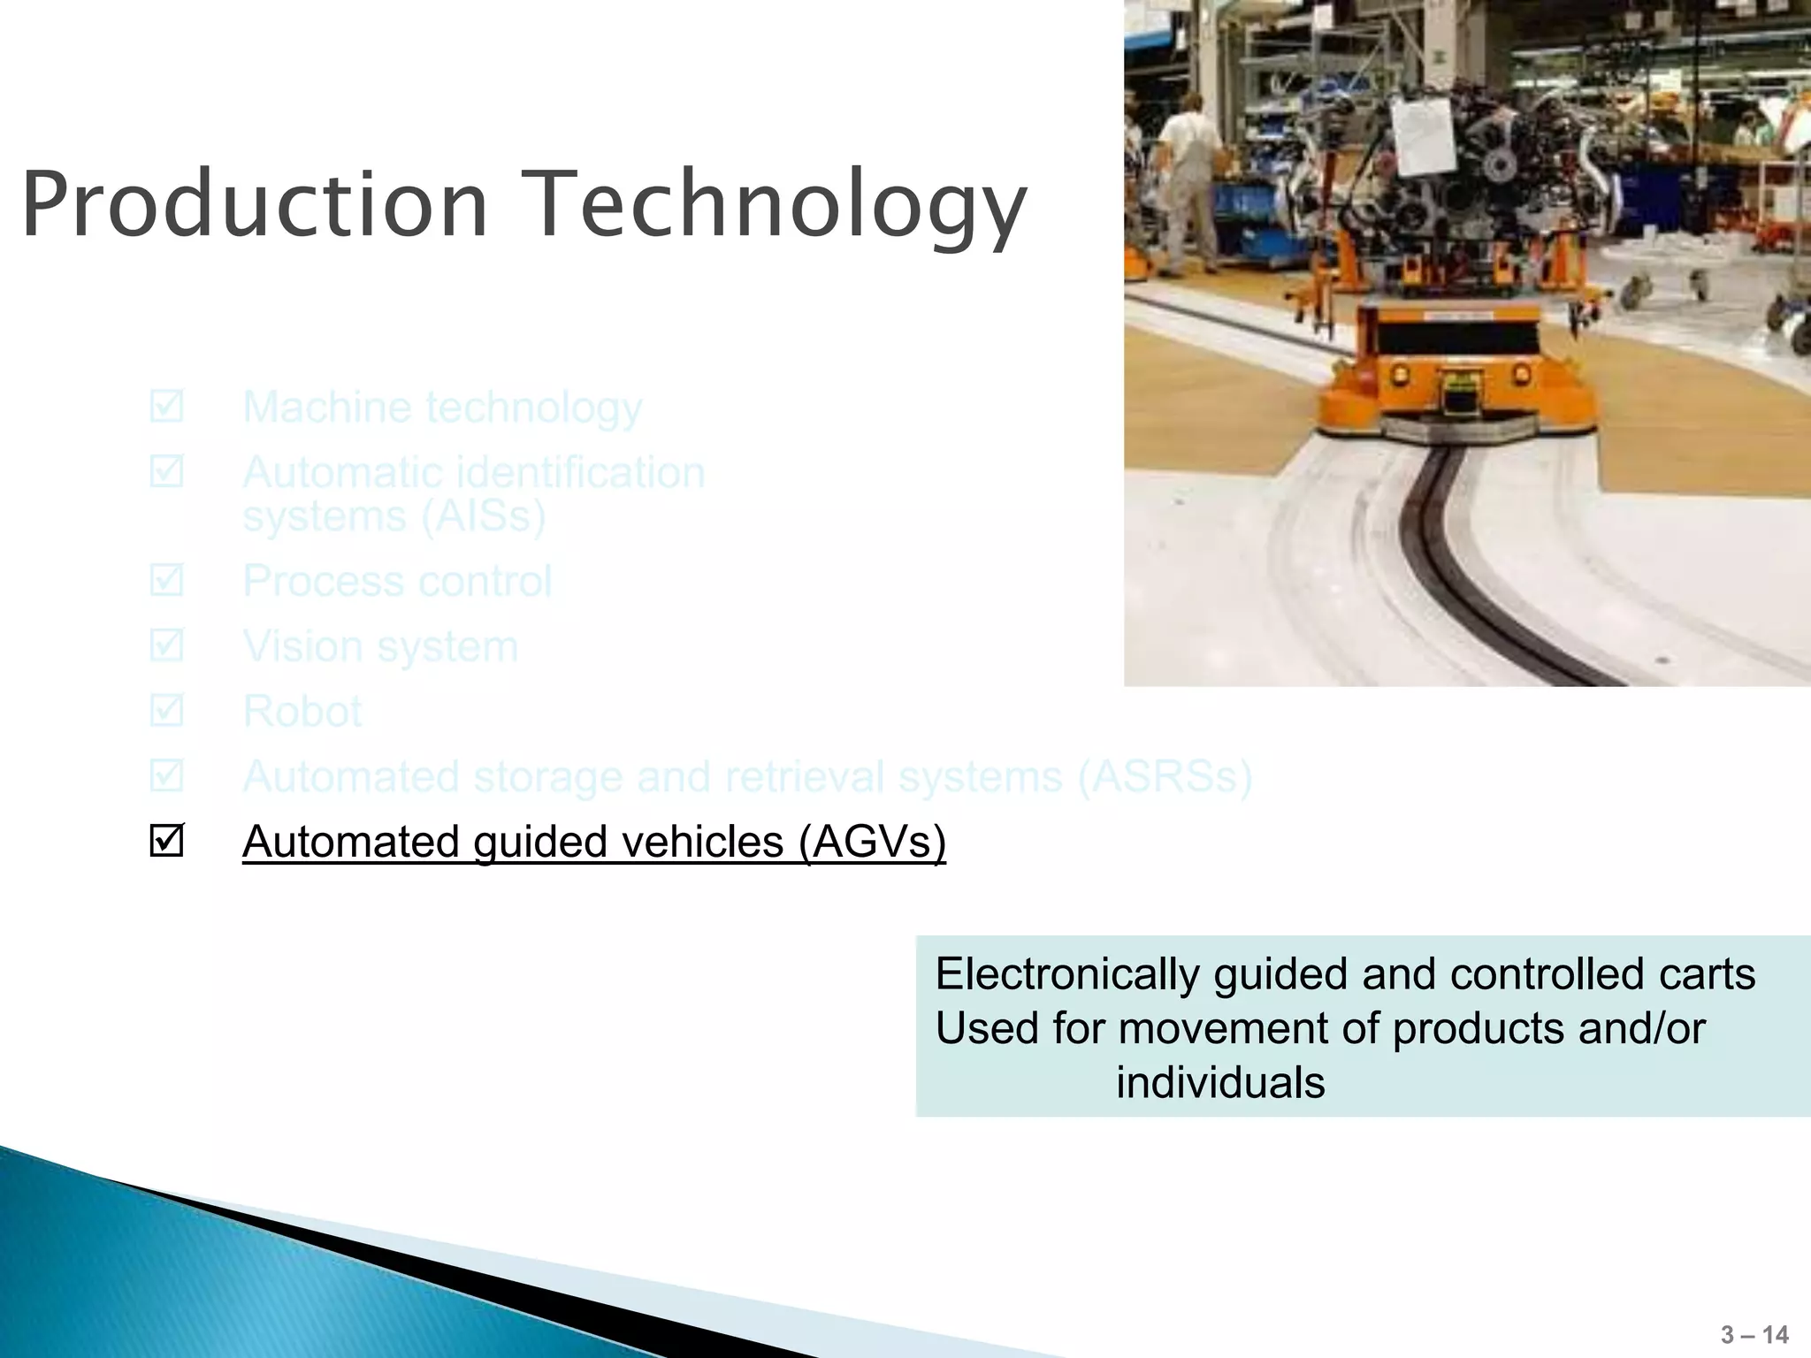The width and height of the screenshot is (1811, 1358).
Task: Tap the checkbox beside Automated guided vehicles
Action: (x=166, y=840)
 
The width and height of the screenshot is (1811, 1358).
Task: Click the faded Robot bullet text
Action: (x=302, y=712)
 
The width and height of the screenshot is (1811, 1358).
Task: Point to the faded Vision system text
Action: (x=380, y=646)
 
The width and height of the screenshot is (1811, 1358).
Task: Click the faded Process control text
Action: (x=397, y=582)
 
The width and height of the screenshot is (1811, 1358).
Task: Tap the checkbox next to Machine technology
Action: (x=166, y=407)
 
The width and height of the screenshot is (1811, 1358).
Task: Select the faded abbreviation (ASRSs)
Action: (x=1164, y=777)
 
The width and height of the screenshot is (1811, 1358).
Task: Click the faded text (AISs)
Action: (x=482, y=516)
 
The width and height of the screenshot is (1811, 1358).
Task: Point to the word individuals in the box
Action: (x=1220, y=1083)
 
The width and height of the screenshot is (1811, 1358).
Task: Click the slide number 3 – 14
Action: (x=1754, y=1334)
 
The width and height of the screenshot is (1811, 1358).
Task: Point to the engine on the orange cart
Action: (x=1494, y=177)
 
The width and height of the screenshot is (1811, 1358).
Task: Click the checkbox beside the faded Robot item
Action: (x=166, y=711)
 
